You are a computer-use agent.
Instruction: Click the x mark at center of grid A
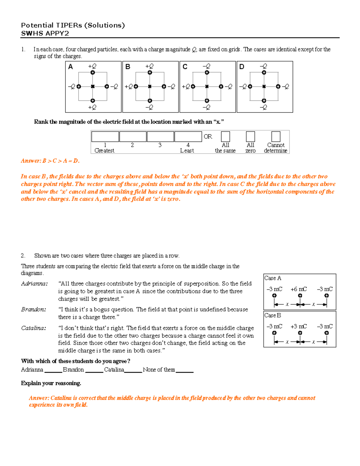pos(93,86)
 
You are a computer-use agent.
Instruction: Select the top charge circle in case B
pos(150,72)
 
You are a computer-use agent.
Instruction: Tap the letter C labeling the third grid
pos(185,67)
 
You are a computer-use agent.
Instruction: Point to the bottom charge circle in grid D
pos(264,101)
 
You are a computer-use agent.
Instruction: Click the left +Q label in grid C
pos(186,87)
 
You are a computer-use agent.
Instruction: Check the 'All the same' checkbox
pos(225,137)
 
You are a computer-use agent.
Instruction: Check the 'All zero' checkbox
pos(250,137)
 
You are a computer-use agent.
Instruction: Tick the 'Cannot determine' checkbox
pos(276,137)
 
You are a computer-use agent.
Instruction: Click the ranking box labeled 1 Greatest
pos(105,137)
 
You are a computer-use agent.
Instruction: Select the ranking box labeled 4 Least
pos(188,137)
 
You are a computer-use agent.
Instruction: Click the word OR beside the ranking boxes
pos(208,137)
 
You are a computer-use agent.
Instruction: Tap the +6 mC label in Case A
pos(298,289)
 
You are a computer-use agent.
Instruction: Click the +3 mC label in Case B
pos(298,326)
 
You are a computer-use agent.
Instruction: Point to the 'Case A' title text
pos(273,278)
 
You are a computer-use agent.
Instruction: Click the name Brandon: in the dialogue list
pos(34,309)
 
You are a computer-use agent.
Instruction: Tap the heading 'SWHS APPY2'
pos(45,33)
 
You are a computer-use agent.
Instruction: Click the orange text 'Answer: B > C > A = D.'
pos(50,161)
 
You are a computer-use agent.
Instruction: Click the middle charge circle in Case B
pos(300,333)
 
